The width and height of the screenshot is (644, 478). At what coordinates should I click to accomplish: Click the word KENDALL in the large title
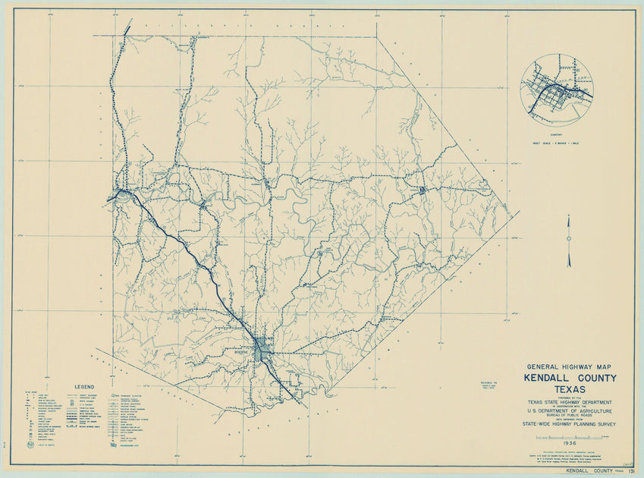point(548,378)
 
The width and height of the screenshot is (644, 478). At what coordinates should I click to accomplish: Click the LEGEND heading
point(83,386)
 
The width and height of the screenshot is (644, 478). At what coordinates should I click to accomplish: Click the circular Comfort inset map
point(557,89)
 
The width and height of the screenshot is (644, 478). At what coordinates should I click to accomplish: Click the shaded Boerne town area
point(263,350)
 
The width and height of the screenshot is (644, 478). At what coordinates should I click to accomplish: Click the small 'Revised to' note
point(489,385)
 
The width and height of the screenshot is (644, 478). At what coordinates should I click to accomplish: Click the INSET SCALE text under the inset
point(557,143)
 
